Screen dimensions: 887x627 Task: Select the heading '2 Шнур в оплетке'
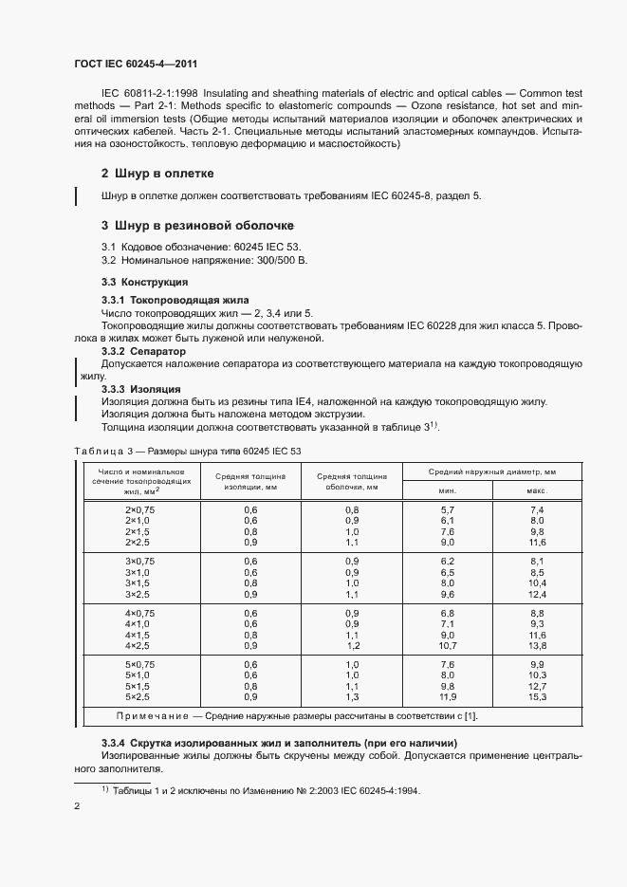[157, 174]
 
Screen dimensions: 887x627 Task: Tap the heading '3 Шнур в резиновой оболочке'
[197, 226]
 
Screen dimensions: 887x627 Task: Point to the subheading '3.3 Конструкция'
[144, 283]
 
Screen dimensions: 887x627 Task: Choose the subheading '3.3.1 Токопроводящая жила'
[162, 300]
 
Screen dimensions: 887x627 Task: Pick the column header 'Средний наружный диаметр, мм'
[491, 471]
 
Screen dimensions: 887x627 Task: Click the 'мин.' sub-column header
[447, 490]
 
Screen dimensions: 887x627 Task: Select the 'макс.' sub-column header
[537, 490]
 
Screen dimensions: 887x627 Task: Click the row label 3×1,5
[138, 583]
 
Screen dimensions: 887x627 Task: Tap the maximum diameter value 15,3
[538, 697]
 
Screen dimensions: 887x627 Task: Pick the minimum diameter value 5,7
[448, 510]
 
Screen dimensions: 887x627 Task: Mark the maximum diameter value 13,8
[538, 645]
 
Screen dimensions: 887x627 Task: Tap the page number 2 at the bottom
[77, 806]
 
